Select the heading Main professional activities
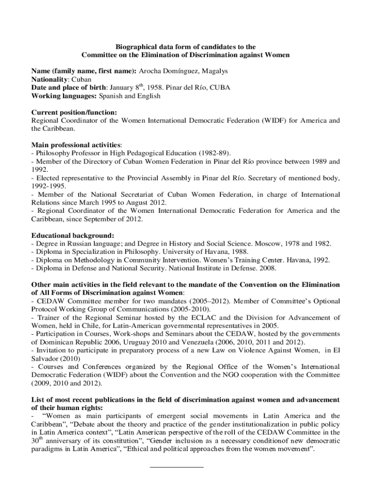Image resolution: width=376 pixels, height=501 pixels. pyautogui.click(x=76, y=145)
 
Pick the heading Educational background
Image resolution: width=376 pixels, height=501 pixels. pyautogui.click(x=73, y=235)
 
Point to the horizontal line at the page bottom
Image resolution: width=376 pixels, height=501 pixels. pyautogui.click(x=176, y=467)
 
